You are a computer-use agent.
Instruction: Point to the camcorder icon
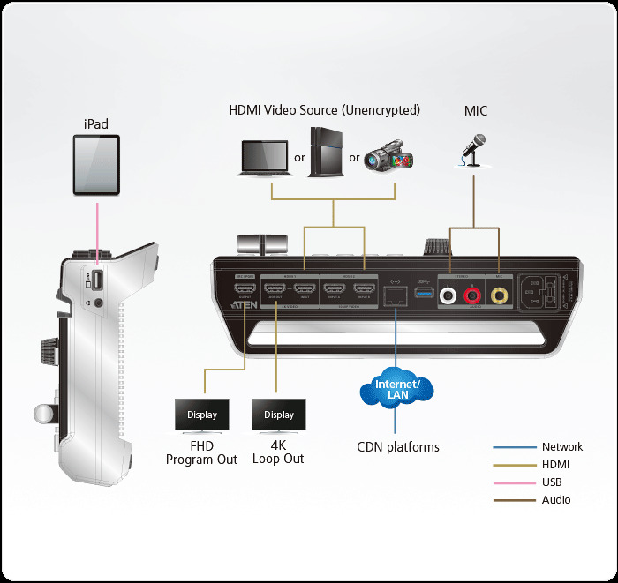(x=388, y=155)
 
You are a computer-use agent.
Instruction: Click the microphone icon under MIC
(x=475, y=150)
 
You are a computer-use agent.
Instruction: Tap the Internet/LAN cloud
(x=396, y=389)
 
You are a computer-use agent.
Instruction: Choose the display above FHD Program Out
(x=202, y=415)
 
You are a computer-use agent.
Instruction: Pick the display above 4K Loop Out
(x=278, y=415)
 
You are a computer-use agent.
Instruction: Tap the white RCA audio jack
(x=451, y=298)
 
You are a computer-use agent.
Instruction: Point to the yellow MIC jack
(x=499, y=298)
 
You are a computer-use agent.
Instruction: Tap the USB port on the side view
(x=99, y=280)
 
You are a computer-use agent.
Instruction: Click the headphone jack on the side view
(x=98, y=302)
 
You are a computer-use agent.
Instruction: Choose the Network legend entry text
(x=562, y=447)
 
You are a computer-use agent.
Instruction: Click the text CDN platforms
(x=397, y=447)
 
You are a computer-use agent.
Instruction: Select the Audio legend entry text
(x=556, y=500)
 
